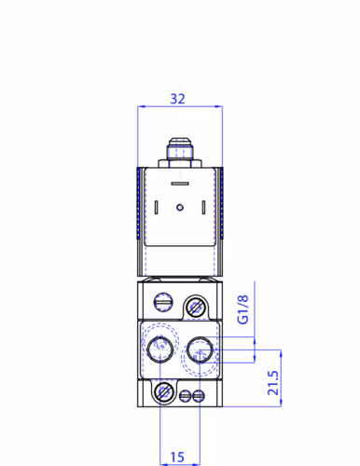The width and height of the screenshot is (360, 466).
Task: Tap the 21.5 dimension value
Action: point(272,383)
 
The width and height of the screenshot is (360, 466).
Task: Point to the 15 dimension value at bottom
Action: point(179,457)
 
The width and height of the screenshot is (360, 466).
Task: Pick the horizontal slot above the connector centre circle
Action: point(179,184)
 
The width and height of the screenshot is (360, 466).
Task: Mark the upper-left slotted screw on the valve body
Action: point(164,301)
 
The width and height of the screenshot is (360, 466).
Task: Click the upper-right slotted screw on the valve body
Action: point(195,305)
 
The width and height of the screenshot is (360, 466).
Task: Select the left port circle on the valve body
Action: point(161,350)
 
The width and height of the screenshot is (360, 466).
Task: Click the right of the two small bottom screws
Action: point(197,396)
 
